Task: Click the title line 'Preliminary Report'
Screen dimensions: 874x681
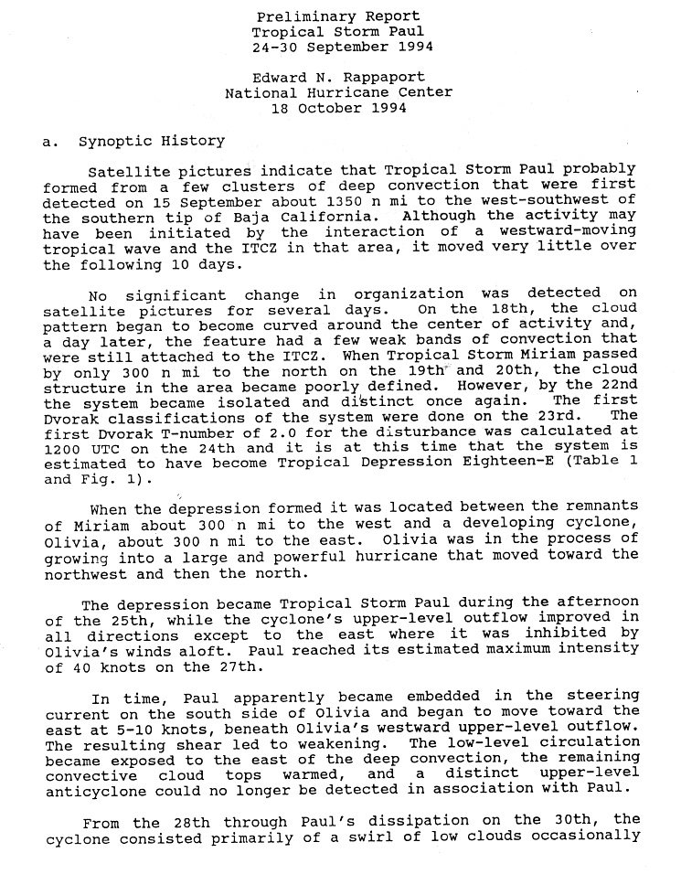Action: coord(338,16)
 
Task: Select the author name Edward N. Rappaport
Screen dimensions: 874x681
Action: coord(338,78)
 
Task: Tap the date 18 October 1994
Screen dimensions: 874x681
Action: coord(338,109)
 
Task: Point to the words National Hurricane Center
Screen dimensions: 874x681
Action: coord(338,93)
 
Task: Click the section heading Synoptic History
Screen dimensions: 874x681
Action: coord(151,141)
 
